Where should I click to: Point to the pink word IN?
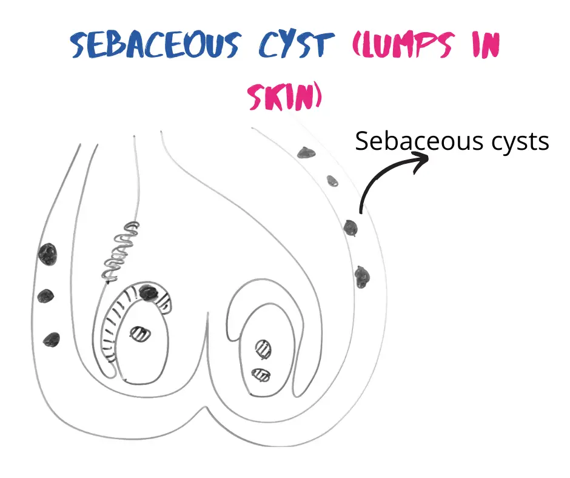(x=483, y=45)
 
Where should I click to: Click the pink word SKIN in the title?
(x=284, y=96)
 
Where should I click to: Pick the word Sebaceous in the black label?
(x=409, y=142)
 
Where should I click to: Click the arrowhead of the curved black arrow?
(x=422, y=160)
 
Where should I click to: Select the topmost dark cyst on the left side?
(x=47, y=254)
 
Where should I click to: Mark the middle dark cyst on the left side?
(x=46, y=296)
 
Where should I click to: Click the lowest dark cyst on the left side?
(x=51, y=339)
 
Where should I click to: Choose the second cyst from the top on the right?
(x=332, y=180)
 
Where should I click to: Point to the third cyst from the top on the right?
(x=350, y=227)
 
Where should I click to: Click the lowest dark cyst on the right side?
(x=362, y=277)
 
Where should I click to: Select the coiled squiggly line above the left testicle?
(x=121, y=251)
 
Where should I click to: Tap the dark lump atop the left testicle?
(x=147, y=292)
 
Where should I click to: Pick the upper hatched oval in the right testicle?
(x=265, y=348)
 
